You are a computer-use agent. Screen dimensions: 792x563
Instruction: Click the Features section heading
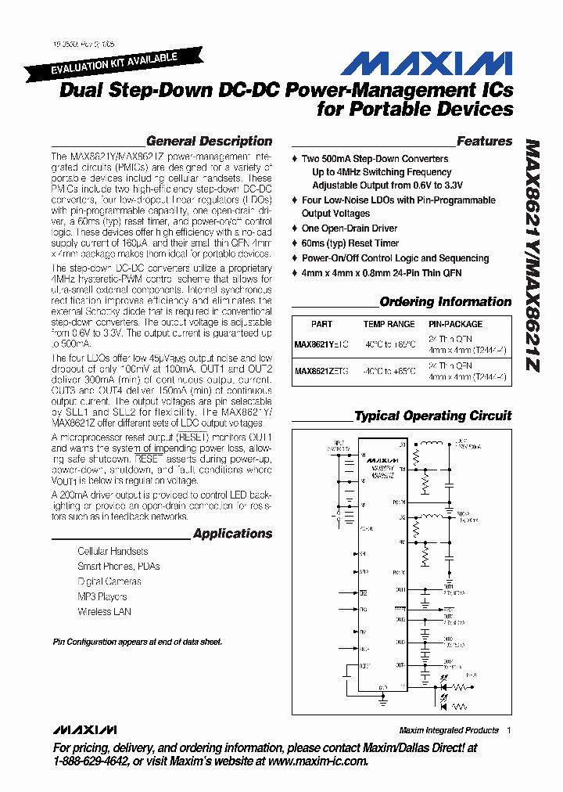tap(484, 142)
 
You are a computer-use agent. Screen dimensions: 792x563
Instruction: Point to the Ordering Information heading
tap(445, 302)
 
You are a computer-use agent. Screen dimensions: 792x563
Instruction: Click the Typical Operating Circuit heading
tap(432, 416)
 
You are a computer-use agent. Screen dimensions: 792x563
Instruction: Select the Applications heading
tap(232, 534)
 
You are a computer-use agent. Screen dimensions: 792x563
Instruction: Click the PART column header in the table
tap(321, 324)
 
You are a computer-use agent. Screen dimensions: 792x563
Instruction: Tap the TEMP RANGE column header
tap(389, 324)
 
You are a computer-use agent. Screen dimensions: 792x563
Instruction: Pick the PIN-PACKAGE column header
tap(455, 324)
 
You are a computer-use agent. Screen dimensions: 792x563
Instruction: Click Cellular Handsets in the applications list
tap(113, 552)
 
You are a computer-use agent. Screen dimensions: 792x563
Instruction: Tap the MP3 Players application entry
tap(102, 596)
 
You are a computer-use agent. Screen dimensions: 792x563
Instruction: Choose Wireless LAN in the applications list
tap(104, 612)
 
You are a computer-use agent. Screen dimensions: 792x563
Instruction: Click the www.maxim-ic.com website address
tap(317, 761)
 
